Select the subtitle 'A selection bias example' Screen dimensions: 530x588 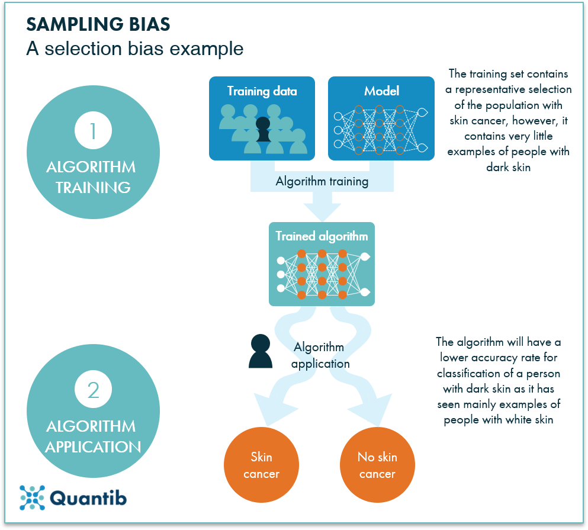click(134, 49)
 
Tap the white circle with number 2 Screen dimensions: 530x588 click(93, 390)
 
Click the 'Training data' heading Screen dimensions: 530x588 click(262, 91)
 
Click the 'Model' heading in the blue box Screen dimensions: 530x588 click(381, 91)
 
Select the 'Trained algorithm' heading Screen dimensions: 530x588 click(322, 236)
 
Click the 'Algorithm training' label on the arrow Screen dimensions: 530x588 click(322, 181)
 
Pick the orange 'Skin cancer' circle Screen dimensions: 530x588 click(261, 465)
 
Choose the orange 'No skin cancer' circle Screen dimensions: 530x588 click(377, 465)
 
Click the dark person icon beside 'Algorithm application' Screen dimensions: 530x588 click(261, 352)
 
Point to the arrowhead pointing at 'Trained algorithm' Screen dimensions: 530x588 click(322, 210)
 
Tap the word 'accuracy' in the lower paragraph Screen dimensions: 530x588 click(493, 358)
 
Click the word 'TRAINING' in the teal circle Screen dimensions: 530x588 click(93, 187)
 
